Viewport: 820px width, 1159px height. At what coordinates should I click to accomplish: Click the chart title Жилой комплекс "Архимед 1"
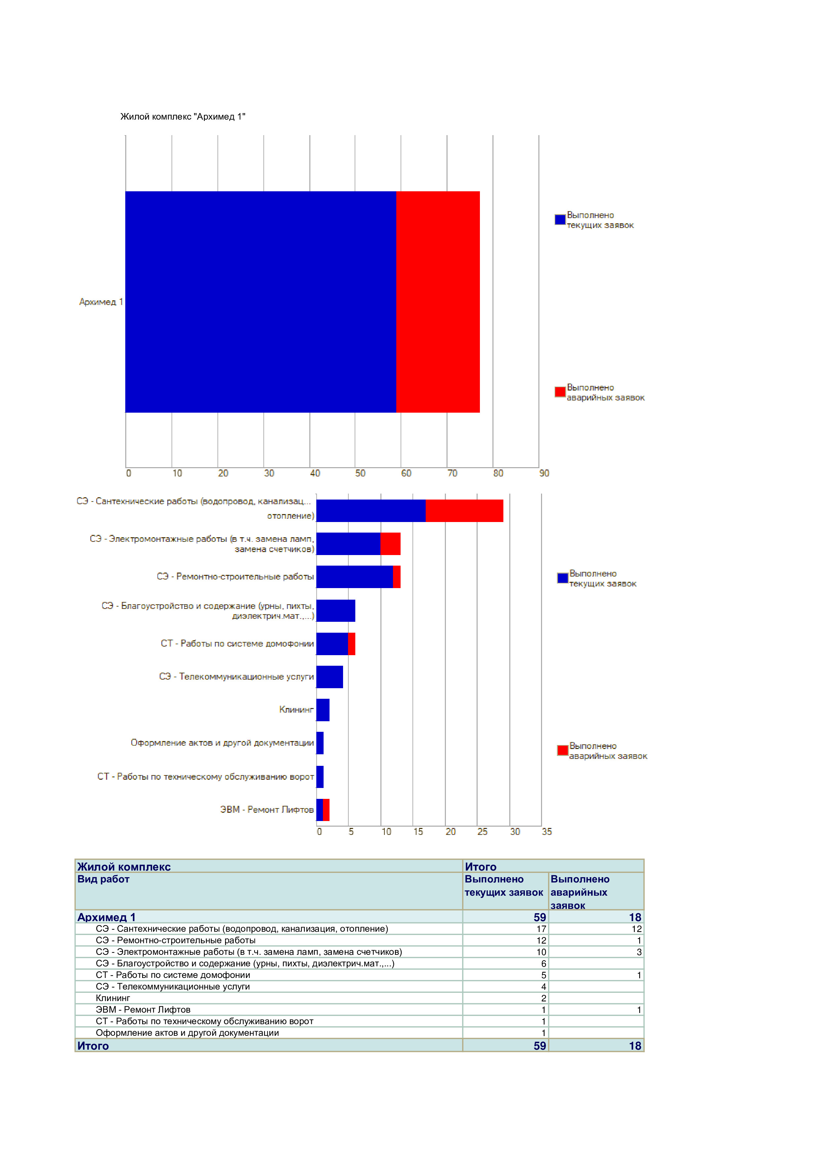(x=183, y=117)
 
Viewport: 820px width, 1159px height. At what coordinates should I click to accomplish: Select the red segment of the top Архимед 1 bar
(x=438, y=302)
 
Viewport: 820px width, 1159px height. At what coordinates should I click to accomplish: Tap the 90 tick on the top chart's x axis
(x=544, y=473)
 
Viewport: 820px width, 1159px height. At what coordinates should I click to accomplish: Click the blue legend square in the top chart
(x=560, y=220)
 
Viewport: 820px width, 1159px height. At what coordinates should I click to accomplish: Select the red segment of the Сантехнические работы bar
(x=464, y=511)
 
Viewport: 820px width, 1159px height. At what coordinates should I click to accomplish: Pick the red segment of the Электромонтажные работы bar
(x=390, y=544)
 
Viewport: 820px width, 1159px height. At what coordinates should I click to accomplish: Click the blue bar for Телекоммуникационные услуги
(x=330, y=677)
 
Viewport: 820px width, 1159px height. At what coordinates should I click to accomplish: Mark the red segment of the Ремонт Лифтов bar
(x=326, y=810)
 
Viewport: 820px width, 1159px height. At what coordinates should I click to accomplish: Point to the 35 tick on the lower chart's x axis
(x=547, y=831)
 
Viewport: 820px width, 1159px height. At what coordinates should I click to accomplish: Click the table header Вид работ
(x=103, y=879)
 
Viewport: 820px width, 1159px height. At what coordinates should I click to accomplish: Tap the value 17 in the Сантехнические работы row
(x=541, y=929)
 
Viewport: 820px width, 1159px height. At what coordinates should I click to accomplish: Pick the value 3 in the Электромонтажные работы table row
(x=639, y=952)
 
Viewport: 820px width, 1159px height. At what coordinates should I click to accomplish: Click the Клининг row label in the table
(x=113, y=998)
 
